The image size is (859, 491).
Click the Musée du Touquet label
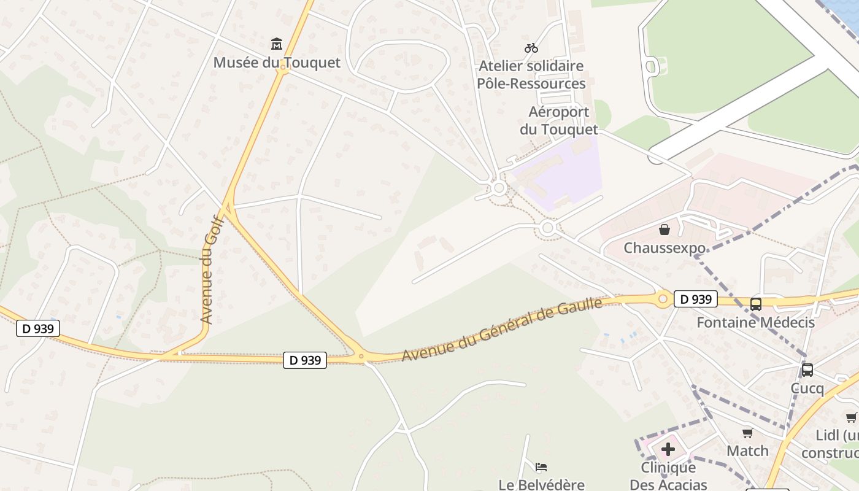(276, 63)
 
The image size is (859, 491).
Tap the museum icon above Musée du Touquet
(277, 44)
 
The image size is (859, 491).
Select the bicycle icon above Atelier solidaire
(531, 48)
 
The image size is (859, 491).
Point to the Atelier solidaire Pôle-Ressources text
(531, 74)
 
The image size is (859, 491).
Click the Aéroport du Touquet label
(558, 121)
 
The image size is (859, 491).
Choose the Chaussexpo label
(664, 248)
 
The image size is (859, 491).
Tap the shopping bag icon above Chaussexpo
(664, 230)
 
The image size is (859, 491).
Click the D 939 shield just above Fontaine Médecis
(696, 299)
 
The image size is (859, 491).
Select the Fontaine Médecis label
(755, 322)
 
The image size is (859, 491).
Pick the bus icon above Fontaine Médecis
(756, 304)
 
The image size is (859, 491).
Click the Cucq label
(807, 389)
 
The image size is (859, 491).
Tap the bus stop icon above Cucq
(807, 370)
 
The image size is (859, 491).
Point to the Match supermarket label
(747, 451)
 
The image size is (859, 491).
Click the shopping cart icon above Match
(747, 433)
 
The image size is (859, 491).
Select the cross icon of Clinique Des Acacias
(668, 450)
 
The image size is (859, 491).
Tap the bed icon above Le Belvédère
(541, 467)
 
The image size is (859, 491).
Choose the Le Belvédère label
(541, 485)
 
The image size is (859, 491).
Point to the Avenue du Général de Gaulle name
(503, 330)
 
